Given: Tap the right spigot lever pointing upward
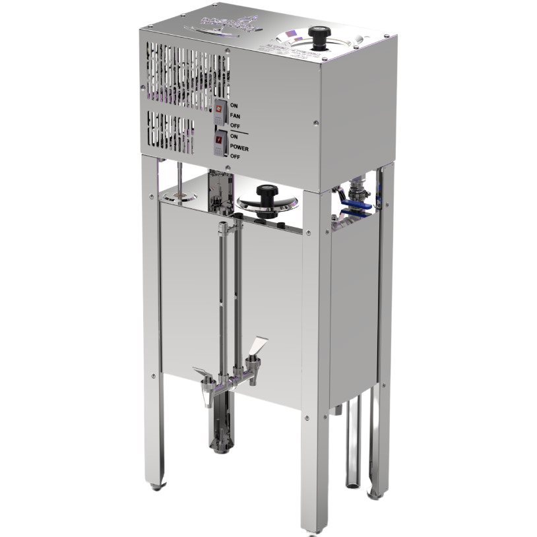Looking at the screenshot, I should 259,346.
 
